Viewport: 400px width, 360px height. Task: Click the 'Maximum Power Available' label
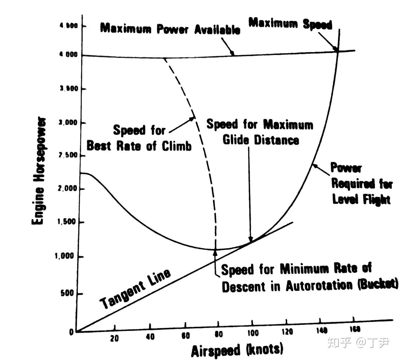[170, 29]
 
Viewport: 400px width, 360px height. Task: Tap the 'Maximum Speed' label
[290, 24]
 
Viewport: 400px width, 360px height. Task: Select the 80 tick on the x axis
[218, 334]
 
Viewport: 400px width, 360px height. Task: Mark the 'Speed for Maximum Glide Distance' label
[260, 132]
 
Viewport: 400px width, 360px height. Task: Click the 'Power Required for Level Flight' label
[360, 184]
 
